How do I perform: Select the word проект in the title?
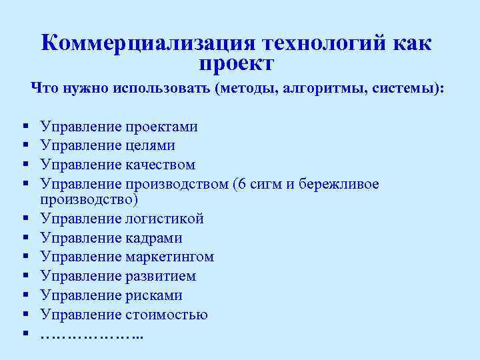236,65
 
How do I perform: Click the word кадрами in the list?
153,238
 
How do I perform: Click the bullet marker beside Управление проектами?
25,126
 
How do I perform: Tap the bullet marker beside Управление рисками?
25,295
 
